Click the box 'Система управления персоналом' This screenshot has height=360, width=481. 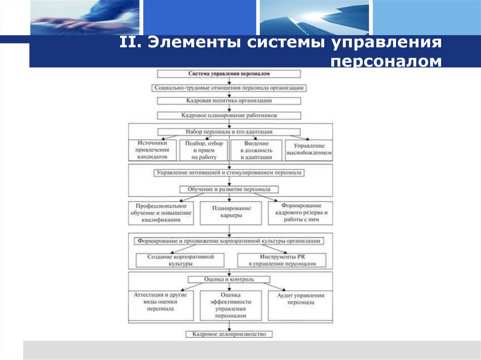(229, 74)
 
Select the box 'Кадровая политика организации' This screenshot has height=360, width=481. (229, 100)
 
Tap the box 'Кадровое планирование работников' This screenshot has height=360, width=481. (229, 115)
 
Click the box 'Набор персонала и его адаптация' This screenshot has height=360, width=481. (229, 132)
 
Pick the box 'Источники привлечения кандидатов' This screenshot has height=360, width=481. (153, 150)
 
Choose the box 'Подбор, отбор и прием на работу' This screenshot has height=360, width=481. (203, 150)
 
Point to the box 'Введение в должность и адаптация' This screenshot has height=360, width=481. (256, 150)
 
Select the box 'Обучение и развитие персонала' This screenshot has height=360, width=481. (229, 190)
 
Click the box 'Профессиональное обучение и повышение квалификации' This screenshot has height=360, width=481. (161, 212)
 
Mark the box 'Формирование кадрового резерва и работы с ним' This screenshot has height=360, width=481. (300, 212)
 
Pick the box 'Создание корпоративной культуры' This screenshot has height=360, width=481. (180, 260)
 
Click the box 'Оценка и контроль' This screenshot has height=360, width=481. (229, 279)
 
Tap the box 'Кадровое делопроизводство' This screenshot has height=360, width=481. (229, 334)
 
